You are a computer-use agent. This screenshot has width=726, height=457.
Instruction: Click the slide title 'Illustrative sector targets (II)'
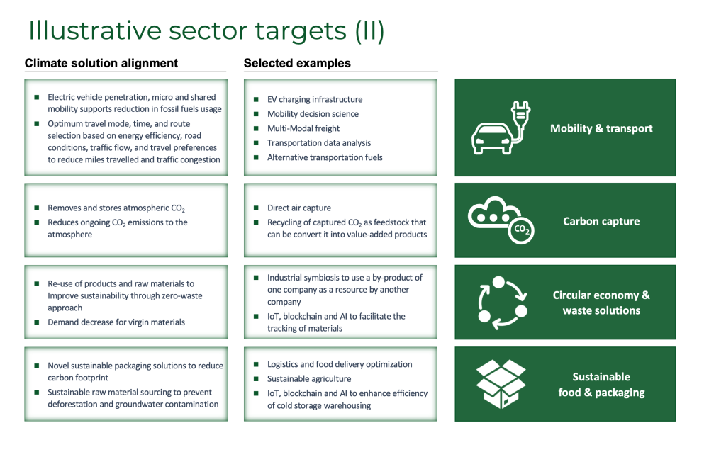coord(206,30)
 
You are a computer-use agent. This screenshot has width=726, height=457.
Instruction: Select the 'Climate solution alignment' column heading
coord(101,63)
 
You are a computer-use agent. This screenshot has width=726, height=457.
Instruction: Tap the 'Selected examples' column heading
coord(297,63)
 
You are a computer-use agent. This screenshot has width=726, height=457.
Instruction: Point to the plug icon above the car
coord(521,115)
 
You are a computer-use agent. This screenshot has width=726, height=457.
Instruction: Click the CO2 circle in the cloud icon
coord(521,230)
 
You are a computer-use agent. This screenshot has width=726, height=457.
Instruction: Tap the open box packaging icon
coord(501,384)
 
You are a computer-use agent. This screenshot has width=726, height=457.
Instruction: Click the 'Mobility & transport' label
coord(601,128)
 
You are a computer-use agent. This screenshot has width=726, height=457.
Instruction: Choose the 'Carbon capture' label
coord(601,222)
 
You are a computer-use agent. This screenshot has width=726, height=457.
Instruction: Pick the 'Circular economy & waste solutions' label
coord(601,303)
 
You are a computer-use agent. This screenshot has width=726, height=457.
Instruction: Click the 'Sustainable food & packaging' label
coord(601,385)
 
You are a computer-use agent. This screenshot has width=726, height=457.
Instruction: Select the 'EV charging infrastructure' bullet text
coord(315,99)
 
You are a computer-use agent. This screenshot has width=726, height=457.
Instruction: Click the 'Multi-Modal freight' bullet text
coord(303,128)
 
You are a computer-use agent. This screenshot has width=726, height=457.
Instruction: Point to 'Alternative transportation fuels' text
coord(325,157)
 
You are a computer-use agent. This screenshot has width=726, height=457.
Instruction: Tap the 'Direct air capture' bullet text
coord(299,208)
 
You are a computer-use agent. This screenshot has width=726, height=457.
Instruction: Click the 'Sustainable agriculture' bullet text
coord(309,379)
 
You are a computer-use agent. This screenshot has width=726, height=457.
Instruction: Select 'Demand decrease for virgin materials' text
coord(116,322)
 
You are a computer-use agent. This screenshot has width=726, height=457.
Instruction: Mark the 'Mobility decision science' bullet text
coord(313,114)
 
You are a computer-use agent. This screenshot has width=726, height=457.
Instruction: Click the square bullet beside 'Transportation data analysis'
coord(256,143)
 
